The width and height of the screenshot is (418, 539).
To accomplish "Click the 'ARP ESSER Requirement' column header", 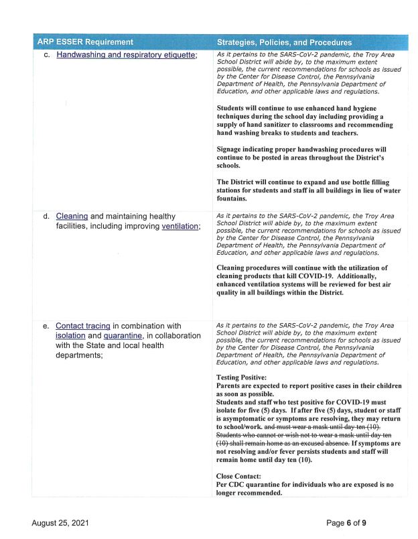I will [85, 42].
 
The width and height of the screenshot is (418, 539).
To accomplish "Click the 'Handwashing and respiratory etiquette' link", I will [126, 55].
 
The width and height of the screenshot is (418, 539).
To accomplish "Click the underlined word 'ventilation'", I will [180, 227].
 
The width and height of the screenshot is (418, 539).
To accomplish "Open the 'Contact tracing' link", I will [82, 326].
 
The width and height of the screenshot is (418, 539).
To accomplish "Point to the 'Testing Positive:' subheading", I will [241, 377].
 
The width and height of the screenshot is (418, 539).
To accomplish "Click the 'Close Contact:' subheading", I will [240, 476].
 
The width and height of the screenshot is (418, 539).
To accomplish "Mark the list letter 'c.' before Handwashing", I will [48, 55].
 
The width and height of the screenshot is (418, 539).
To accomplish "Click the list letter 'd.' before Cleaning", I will [48, 217].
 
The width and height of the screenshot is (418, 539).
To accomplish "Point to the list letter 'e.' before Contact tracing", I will [48, 326].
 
